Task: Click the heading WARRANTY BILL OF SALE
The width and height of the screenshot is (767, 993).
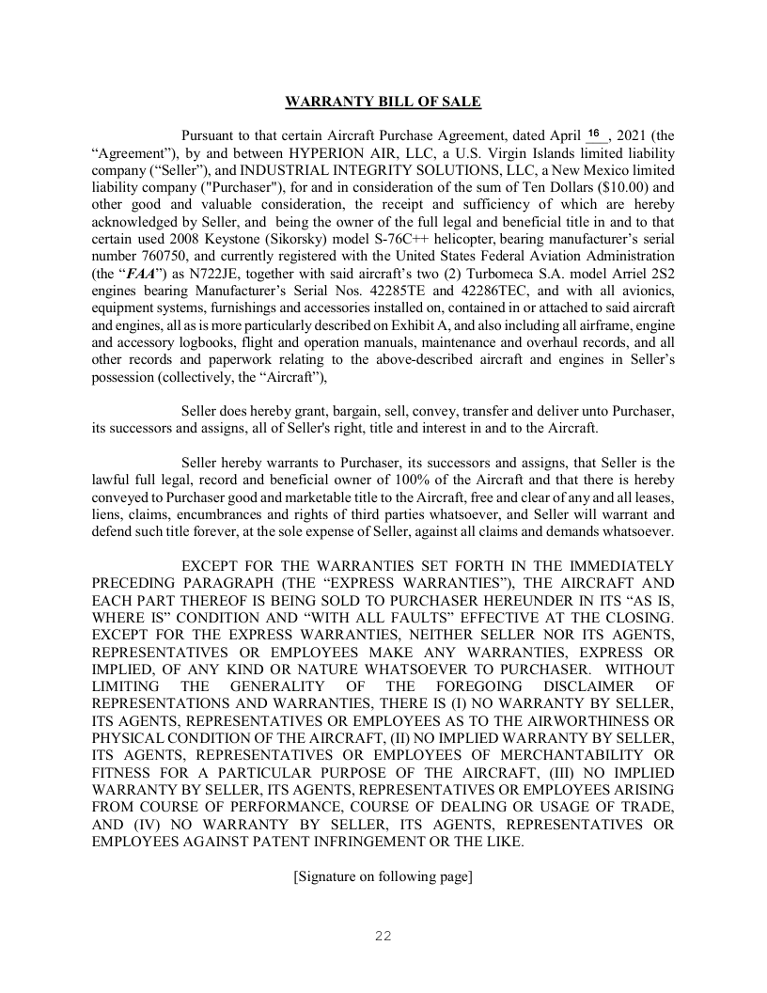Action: (383, 101)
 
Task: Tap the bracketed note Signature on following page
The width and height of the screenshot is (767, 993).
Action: (383, 876)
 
